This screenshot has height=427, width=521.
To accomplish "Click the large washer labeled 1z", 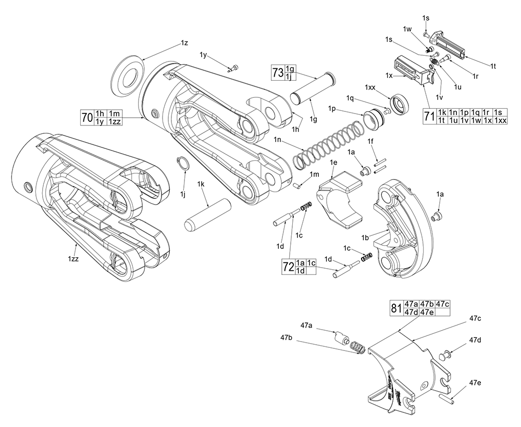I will [128, 76].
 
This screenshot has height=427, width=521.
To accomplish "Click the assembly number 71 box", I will [429, 116].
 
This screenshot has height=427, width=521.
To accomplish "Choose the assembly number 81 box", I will [396, 307].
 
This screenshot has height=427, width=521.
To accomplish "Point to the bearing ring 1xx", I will [400, 103].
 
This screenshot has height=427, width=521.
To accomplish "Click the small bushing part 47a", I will [341, 337].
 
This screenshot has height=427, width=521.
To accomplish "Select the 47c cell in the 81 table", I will [443, 304].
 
